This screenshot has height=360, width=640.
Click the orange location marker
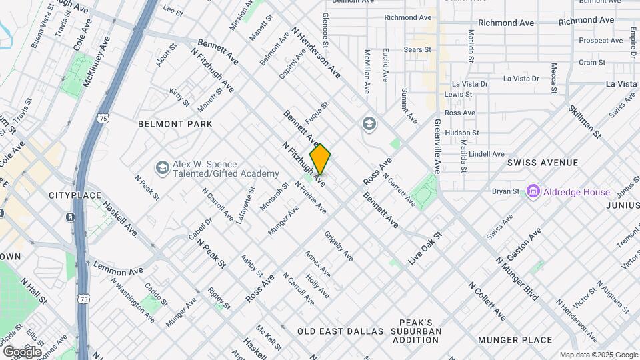tap(321, 159)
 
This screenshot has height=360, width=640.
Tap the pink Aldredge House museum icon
tap(533, 192)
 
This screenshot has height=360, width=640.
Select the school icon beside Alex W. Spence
tap(161, 167)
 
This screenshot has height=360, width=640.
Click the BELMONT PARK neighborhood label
tap(175, 124)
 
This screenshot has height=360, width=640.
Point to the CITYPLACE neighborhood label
tap(75, 195)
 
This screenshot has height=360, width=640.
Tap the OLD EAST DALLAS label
tap(341, 331)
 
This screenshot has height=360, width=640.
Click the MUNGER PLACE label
tap(515, 340)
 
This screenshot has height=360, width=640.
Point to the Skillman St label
tap(585, 121)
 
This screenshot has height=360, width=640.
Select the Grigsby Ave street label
tap(339, 246)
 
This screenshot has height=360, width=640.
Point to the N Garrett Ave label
tap(399, 188)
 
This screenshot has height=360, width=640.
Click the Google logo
tap(22, 351)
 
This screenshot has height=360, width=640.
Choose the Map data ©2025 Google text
tap(598, 355)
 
